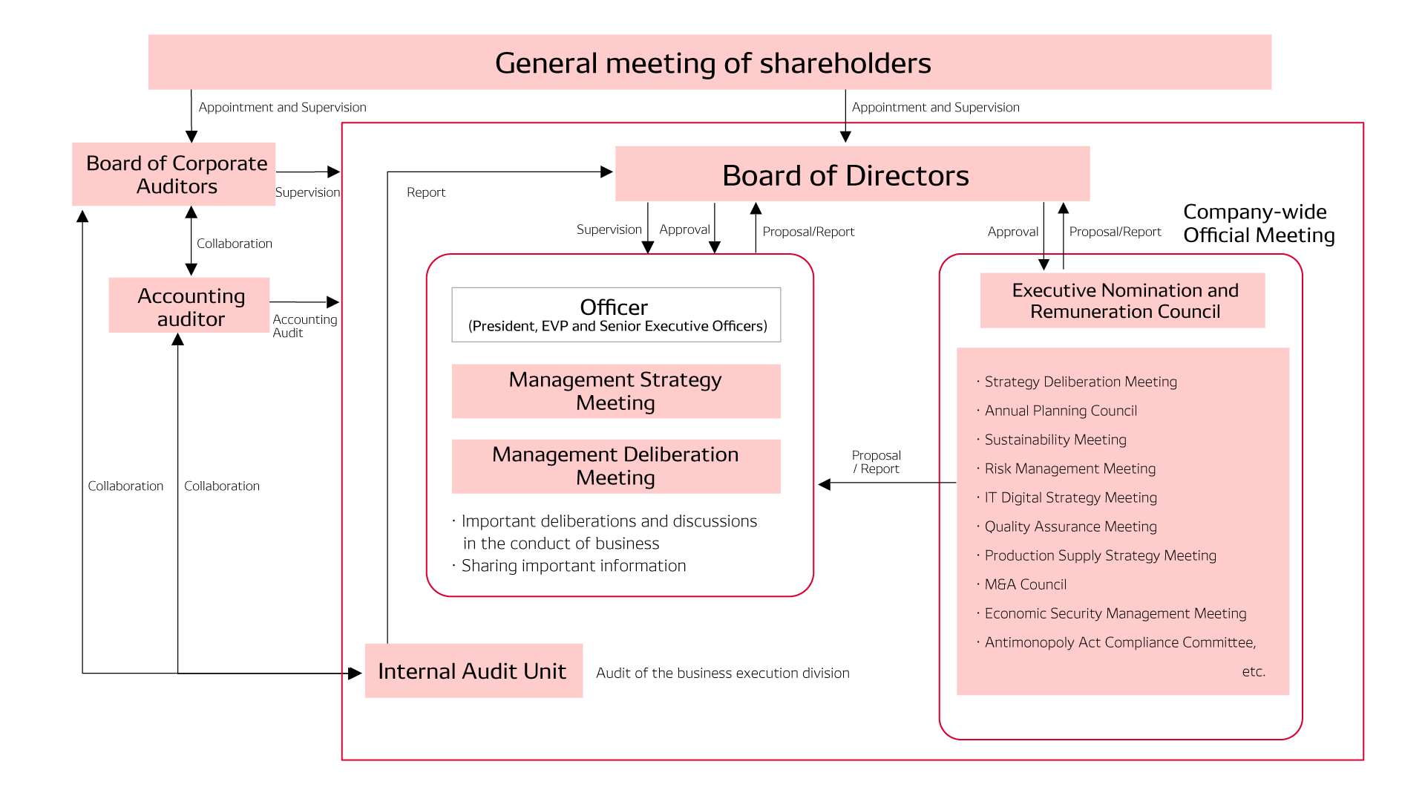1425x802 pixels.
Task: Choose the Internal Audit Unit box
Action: [473, 671]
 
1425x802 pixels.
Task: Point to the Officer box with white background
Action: [616, 315]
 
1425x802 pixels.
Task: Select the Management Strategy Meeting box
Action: [616, 391]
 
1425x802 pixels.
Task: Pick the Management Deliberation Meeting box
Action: [616, 466]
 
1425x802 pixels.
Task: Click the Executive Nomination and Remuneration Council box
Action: [1123, 301]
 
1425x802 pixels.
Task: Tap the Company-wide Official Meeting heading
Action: [1258, 224]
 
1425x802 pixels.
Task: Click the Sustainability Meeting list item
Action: [1055, 440]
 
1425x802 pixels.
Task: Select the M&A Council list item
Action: [1025, 584]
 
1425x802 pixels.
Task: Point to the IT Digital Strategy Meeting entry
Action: [1070, 498]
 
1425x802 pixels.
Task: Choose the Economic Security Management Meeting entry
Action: [1115, 613]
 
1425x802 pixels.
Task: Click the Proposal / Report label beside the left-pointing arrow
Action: [876, 462]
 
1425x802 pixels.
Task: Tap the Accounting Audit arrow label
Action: [304, 326]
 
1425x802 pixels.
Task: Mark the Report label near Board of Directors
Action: [426, 192]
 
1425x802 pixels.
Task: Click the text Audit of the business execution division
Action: [722, 673]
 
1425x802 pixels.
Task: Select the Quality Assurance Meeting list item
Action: [1070, 526]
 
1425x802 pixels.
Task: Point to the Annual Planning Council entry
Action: [1061, 411]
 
